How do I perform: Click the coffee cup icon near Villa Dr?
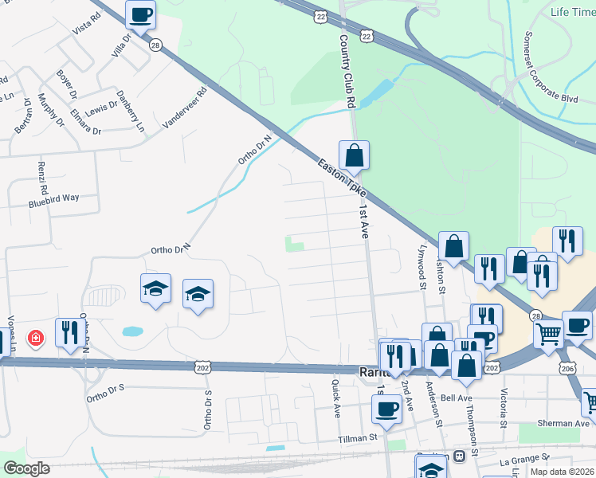click(140, 14)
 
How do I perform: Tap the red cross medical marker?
click(35, 339)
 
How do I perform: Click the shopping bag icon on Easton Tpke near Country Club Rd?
click(354, 155)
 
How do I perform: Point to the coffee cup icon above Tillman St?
click(386, 409)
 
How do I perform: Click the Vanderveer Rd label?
click(185, 108)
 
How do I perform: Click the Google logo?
click(26, 468)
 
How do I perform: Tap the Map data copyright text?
click(563, 472)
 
